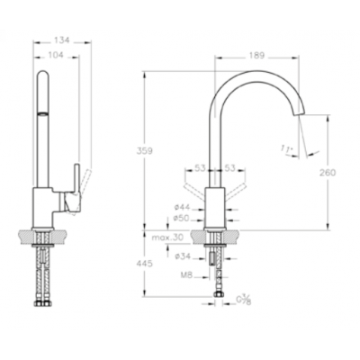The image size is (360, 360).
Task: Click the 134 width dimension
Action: coord(62,40)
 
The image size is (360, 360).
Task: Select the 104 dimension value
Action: coord(56,55)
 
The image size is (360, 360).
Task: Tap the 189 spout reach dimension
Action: coord(256,56)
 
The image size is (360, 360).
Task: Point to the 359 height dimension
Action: coord(145,151)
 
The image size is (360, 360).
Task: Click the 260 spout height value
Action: coord(328,173)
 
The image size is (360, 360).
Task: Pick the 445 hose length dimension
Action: coord(145,264)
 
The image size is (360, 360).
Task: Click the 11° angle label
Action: coord(287,149)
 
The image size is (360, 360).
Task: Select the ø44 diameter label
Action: coord(182,207)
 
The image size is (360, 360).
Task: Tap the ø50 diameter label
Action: coord(182,219)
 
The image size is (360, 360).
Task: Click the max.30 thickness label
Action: coord(167,238)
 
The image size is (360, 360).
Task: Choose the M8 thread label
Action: coord(186,274)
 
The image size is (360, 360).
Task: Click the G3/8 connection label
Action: coord(243,301)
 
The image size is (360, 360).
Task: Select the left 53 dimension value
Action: coord(200,168)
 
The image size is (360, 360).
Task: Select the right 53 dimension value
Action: coord(230,168)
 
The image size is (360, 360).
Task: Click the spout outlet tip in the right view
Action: coord(299,113)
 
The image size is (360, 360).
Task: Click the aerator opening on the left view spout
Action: coord(42,113)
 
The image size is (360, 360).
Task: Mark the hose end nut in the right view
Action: coord(218,294)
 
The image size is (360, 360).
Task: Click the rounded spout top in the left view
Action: coord(42,74)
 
